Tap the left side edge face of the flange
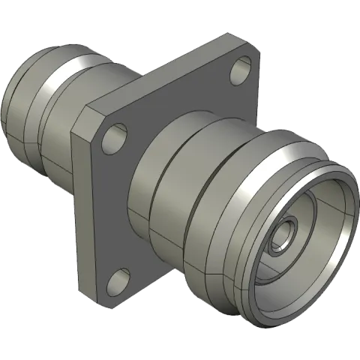pos(78,202)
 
